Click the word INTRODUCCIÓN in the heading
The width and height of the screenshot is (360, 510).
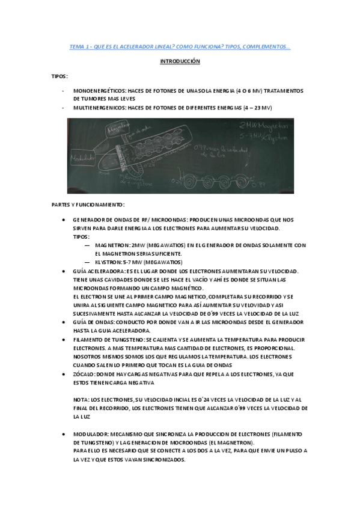(180, 61)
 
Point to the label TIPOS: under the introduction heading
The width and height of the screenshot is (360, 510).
(59, 76)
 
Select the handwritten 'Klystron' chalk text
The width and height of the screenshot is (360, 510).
(269, 138)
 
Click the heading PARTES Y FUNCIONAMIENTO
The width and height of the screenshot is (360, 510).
(88, 204)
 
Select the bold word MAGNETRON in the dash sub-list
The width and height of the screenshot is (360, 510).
(109, 245)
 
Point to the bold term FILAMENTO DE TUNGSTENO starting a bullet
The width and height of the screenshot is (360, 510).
(107, 339)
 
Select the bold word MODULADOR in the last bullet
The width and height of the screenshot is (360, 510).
(91, 434)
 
